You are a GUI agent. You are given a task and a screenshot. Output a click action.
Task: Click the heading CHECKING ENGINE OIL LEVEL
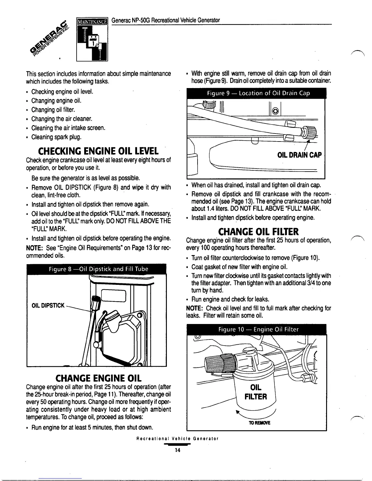pos(98,151)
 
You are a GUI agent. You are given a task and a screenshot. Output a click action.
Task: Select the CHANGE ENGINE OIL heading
pos(99,378)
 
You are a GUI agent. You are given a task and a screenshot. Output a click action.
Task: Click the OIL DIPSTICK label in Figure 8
pos(48,305)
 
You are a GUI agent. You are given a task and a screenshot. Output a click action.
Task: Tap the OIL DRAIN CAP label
pos(299,155)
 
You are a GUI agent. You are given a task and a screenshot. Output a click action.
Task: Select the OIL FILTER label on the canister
pos(256,392)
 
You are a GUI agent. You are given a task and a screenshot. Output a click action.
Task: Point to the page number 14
pos(177,450)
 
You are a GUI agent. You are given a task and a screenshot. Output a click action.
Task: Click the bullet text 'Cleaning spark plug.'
pos(56,137)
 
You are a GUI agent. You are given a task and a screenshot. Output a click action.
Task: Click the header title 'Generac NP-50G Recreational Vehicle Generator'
pos(166,20)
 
